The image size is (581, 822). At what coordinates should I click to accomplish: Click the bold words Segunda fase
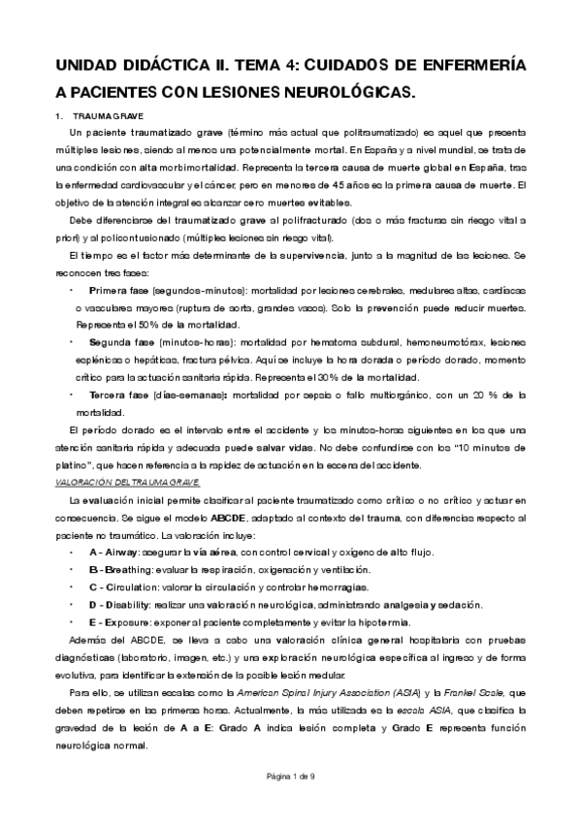118,342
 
